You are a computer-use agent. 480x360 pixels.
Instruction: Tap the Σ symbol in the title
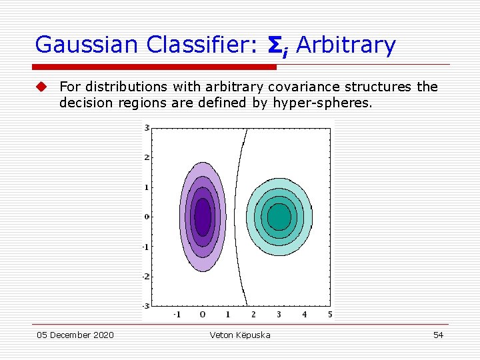tap(275, 45)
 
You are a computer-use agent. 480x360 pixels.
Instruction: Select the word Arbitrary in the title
tap(345, 45)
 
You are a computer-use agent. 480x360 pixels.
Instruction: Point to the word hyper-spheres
tap(322, 103)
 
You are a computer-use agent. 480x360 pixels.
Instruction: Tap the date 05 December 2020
tap(75, 335)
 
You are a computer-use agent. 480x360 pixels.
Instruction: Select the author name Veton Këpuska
tap(240, 335)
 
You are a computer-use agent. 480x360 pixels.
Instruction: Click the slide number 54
tap(438, 335)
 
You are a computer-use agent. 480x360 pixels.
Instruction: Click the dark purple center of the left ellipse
tap(202, 217)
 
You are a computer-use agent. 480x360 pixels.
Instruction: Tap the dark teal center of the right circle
tap(279, 217)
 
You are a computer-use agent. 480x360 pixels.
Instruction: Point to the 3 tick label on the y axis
tap(146, 127)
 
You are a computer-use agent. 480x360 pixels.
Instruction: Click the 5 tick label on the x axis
tap(330, 314)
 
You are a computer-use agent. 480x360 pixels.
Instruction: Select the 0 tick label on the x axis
tap(202, 314)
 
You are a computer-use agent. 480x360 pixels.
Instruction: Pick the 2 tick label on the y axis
tap(146, 157)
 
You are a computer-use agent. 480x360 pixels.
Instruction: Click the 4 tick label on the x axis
tap(305, 314)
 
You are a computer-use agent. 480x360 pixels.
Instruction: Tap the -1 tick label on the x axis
tap(176, 314)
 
